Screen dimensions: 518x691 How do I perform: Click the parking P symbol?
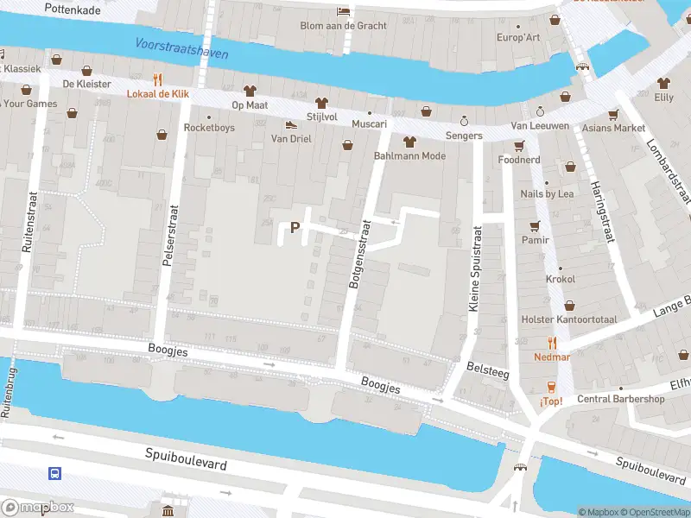click(x=295, y=228)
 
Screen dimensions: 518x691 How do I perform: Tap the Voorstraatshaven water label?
click(x=181, y=48)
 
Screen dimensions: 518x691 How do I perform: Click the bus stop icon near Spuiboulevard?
click(x=54, y=473)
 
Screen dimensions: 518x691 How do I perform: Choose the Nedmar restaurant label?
click(x=551, y=356)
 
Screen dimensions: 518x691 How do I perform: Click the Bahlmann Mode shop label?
click(x=409, y=156)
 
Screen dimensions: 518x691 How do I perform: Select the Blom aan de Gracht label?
click(x=343, y=25)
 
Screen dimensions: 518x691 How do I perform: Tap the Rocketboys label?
click(x=209, y=128)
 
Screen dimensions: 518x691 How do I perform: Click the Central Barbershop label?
click(x=620, y=399)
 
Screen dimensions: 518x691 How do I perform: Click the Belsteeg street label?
click(x=487, y=368)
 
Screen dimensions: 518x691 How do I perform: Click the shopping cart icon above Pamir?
click(x=534, y=226)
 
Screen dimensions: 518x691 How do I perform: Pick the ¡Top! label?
click(x=551, y=401)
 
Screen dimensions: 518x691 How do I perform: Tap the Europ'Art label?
click(x=517, y=38)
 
